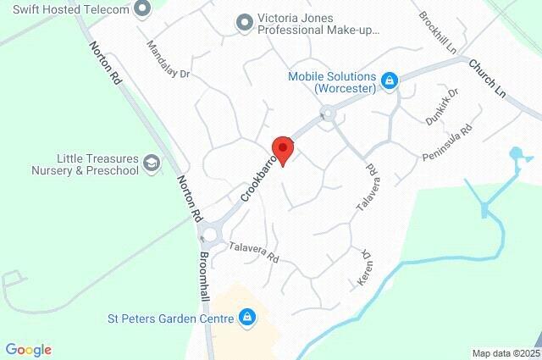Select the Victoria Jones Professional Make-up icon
(x=245, y=23)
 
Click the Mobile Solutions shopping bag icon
(x=390, y=81)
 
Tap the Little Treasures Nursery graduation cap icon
(x=152, y=163)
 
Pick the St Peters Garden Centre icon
(x=246, y=318)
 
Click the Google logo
(x=28, y=350)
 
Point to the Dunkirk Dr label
(x=441, y=108)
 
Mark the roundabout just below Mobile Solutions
(x=328, y=112)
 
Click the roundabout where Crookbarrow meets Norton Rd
(x=208, y=233)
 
